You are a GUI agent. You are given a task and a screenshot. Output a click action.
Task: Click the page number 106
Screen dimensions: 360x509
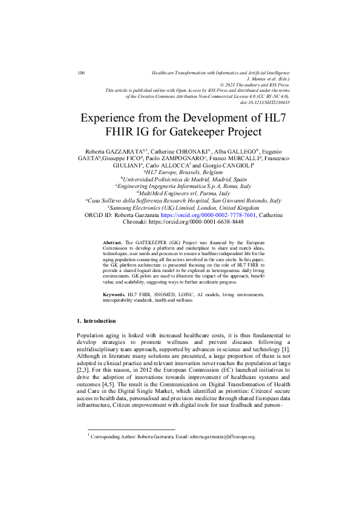[x=81, y=73]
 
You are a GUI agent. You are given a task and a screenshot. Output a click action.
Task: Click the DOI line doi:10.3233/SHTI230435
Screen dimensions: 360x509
[x=264, y=102]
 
